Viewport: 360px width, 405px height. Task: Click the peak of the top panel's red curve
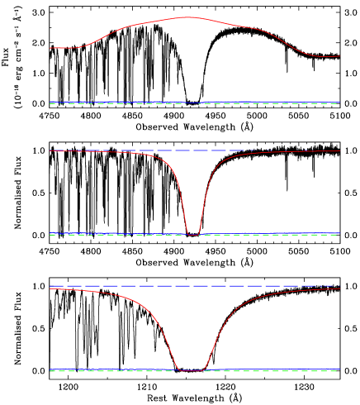pyautogui.click(x=188, y=17)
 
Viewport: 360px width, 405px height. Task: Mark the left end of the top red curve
pyautogui.click(x=50, y=48)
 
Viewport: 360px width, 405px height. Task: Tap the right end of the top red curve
pyautogui.click(x=339, y=56)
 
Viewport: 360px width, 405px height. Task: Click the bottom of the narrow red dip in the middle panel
pyautogui.click(x=193, y=235)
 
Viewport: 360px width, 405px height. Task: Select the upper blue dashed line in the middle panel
pyautogui.click(x=124, y=150)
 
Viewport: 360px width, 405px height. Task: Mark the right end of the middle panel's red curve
pyautogui.click(x=339, y=150)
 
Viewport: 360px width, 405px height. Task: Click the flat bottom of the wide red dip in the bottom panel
pyautogui.click(x=192, y=370)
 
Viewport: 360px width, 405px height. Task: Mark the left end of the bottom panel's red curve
pyautogui.click(x=50, y=288)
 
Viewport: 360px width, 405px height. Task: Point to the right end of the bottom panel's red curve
pyautogui.click(x=339, y=288)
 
